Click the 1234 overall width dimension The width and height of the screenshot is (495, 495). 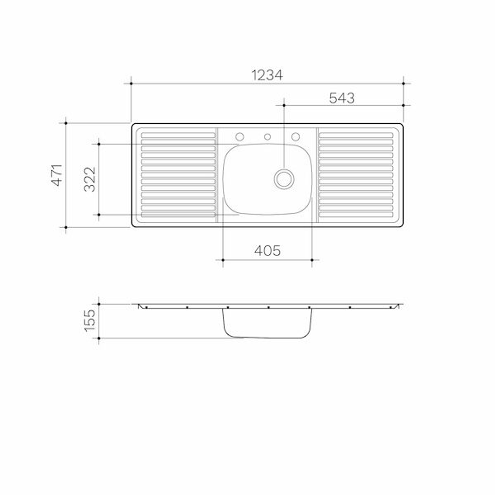pos(267,75)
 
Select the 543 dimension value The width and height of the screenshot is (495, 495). pos(342,98)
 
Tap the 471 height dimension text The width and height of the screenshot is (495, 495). pos(57,175)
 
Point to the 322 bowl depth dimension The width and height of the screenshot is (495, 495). pos(90,179)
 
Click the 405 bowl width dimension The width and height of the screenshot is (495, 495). pos(267,251)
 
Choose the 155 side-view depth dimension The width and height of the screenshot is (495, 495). pos(90,320)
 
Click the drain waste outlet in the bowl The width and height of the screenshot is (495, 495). pos(284,179)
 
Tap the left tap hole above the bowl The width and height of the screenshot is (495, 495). pos(239,137)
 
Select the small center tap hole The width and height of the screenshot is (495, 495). pos(268,137)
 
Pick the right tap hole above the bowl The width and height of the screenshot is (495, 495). pos(296,137)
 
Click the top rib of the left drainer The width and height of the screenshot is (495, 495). pos(178,135)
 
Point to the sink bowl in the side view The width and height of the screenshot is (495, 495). pos(267,323)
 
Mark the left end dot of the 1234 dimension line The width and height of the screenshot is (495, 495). pos(131,83)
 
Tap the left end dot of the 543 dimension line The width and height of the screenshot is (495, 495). pos(284,105)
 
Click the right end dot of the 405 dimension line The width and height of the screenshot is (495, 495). pos(312,260)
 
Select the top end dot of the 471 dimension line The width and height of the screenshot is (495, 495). pos(66,123)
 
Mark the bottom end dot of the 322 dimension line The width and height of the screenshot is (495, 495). pos(99,214)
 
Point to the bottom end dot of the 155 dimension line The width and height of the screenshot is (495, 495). pos(99,338)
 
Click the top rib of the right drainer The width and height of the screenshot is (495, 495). pos(356,135)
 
